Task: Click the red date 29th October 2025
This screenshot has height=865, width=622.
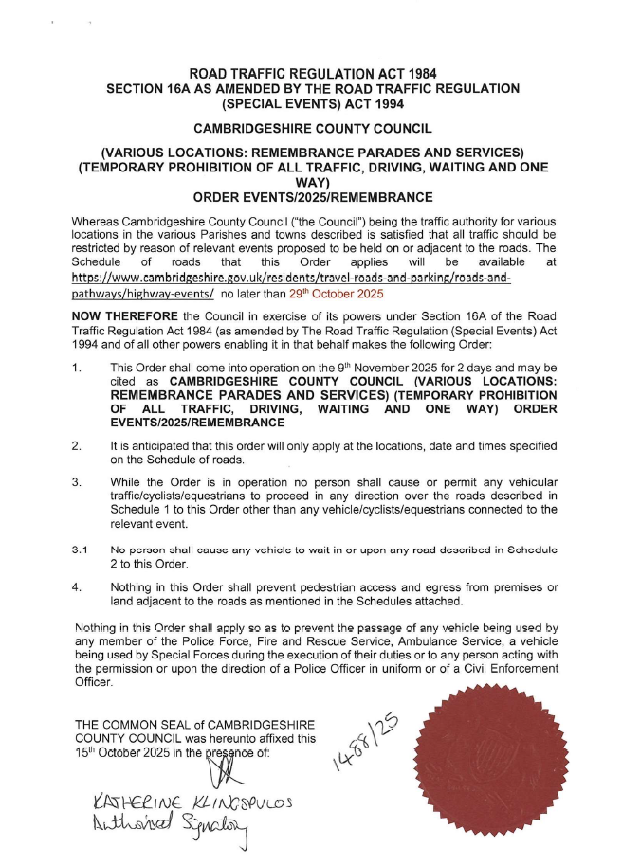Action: click(x=338, y=295)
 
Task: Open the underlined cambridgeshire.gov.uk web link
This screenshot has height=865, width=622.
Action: click(x=291, y=287)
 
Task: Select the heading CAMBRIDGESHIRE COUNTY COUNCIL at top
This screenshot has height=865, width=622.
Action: click(x=312, y=127)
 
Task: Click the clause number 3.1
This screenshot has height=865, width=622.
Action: click(x=82, y=549)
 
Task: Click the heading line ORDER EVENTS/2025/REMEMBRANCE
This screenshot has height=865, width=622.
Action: click(x=312, y=198)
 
